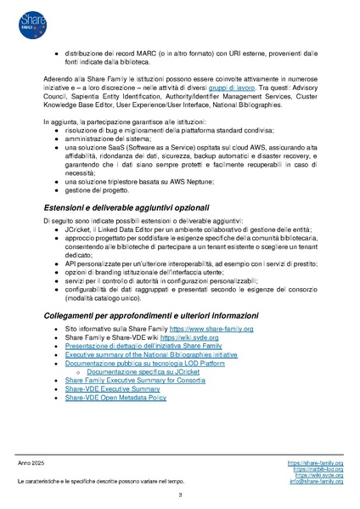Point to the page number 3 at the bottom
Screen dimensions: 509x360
point(180,495)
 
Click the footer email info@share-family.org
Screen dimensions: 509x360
point(316,481)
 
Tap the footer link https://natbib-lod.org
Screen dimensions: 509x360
point(318,468)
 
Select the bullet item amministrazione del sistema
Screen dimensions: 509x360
point(109,139)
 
